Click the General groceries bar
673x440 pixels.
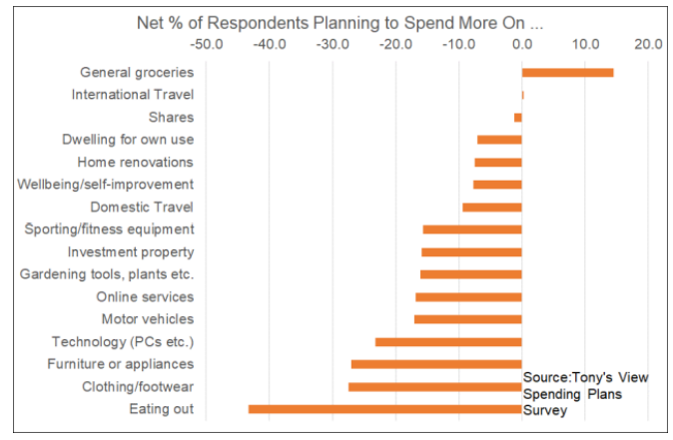pyautogui.click(x=567, y=72)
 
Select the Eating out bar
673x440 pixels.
pyautogui.click(x=384, y=409)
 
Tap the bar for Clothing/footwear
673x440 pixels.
pyautogui.click(x=434, y=386)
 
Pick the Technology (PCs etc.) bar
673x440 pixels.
pyautogui.click(x=448, y=341)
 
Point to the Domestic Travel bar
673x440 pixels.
pyautogui.click(x=491, y=207)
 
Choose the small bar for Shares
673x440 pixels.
pyautogui.click(x=518, y=117)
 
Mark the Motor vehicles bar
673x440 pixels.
pyautogui.click(x=467, y=319)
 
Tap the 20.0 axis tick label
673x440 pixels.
pyautogui.click(x=647, y=44)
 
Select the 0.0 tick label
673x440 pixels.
pyautogui.click(x=521, y=44)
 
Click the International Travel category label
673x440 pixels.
pyautogui.click(x=133, y=95)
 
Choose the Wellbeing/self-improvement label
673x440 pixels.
pyautogui.click(x=106, y=185)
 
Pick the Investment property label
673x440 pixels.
pyautogui.click(x=131, y=251)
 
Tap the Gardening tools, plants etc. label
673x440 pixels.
pyautogui.click(x=107, y=274)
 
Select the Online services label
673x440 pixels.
pyautogui.click(x=145, y=296)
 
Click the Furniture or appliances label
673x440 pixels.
pyautogui.click(x=120, y=364)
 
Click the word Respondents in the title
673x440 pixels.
pyautogui.click(x=284, y=20)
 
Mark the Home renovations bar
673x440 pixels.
pyautogui.click(x=498, y=162)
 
